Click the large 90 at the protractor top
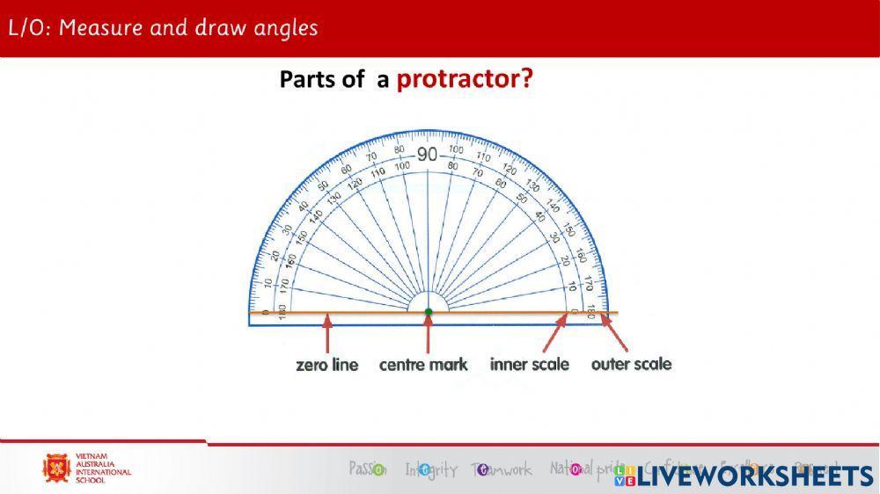click(428, 156)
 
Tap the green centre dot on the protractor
click(429, 312)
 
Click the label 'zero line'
click(327, 365)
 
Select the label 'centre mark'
click(423, 365)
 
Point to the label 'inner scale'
click(530, 364)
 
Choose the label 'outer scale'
click(631, 364)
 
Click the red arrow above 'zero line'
click(327, 334)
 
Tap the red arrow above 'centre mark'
click(429, 334)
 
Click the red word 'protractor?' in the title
click(465, 79)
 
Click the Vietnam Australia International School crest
click(57, 468)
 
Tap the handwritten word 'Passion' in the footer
click(367, 469)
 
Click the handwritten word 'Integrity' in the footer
click(431, 470)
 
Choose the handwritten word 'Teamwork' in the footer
click(502, 470)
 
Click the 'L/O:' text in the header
click(30, 27)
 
